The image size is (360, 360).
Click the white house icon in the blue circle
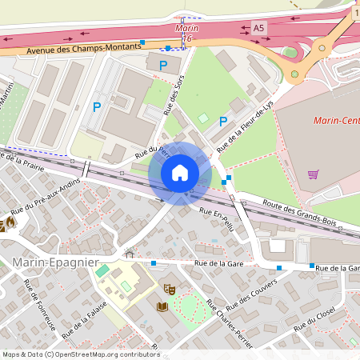[180, 173]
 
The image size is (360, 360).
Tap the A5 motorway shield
[258, 28]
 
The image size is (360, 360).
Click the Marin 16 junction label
[186, 33]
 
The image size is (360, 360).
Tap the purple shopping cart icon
[314, 174]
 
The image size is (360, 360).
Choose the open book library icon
[162, 306]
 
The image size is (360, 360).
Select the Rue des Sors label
[170, 100]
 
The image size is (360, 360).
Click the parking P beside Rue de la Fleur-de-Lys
[223, 122]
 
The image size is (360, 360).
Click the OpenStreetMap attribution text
[80, 354]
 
